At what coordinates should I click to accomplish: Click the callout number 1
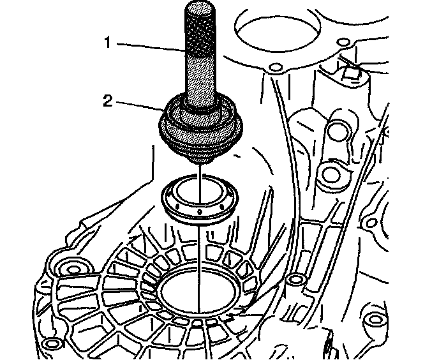(108, 43)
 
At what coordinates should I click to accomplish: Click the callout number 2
(108, 100)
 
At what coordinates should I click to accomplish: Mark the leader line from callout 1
(150, 46)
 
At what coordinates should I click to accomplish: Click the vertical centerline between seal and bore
(199, 255)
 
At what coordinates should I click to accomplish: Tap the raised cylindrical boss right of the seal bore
(294, 280)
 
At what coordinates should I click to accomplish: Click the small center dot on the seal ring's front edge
(199, 211)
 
